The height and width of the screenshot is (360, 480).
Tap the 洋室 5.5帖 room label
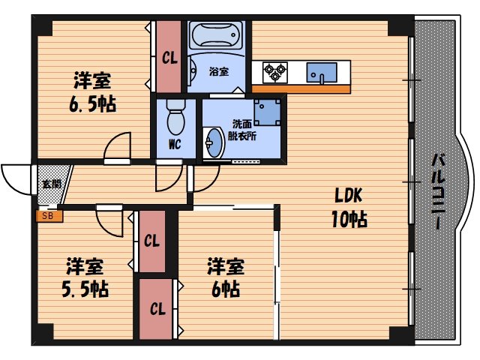84,277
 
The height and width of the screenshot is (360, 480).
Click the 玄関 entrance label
51,182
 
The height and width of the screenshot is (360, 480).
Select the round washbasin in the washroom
214,142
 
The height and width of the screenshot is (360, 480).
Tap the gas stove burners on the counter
274,72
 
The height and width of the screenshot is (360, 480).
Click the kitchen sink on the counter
324,72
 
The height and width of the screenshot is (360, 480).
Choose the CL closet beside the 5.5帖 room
152,241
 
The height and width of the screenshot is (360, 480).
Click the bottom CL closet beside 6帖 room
157,308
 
